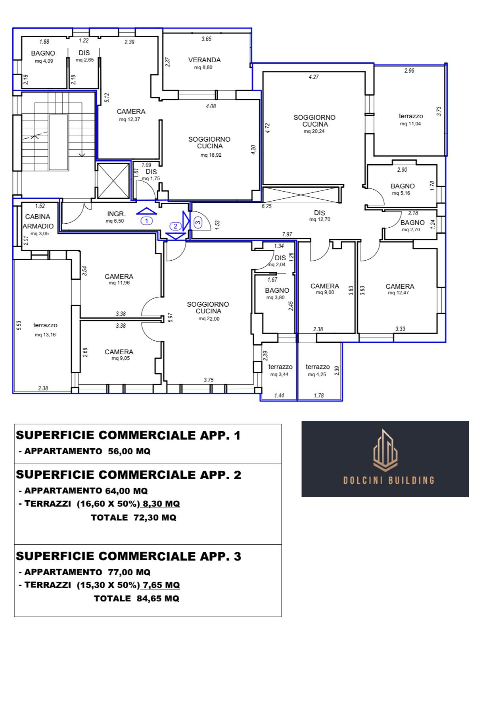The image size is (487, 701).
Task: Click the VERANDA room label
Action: (204, 60)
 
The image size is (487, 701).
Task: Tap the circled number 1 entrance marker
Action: (147, 221)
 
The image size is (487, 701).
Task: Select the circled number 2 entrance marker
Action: (175, 226)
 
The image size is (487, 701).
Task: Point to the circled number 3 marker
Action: (198, 223)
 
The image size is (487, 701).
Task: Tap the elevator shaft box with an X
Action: (113, 181)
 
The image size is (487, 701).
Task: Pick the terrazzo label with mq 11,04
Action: (411, 116)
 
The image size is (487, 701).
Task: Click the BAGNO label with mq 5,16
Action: (403, 186)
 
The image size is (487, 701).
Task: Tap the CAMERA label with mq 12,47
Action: (400, 286)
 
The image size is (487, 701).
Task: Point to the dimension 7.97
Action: (287, 234)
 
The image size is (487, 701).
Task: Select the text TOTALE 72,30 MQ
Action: (134, 517)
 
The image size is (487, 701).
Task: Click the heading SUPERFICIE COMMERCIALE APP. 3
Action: (128, 556)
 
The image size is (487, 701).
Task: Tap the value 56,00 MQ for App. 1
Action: (129, 451)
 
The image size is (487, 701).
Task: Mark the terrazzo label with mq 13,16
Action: (45, 325)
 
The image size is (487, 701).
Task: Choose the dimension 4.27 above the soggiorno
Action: (314, 77)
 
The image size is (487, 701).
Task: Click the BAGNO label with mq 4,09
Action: (43, 53)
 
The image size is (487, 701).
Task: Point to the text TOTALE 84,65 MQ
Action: (136, 598)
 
